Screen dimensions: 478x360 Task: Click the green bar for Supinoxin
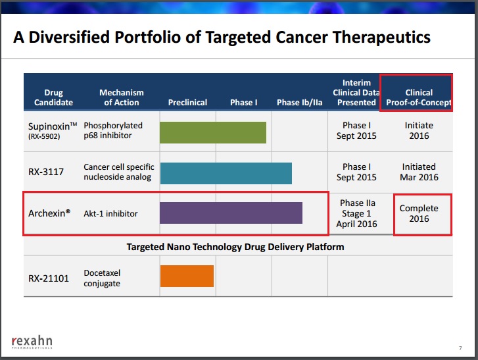(213, 132)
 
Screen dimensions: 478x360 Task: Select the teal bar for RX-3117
(226, 173)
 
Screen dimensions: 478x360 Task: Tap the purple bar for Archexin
(231, 213)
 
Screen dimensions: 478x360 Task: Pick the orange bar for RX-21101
(187, 276)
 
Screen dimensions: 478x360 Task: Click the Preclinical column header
(187, 102)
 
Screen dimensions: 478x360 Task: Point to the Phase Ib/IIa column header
(299, 102)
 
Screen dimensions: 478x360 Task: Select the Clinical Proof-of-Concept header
(419, 97)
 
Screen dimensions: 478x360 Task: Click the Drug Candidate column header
(53, 97)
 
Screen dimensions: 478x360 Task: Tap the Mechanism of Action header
(122, 97)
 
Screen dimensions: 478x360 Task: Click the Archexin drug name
(49, 213)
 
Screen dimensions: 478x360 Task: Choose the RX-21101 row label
(49, 278)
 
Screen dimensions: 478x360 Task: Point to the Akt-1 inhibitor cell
(110, 213)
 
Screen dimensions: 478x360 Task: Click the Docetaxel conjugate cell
(102, 278)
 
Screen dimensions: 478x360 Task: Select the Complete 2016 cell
(419, 213)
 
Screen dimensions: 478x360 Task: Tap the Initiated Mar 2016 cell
(419, 172)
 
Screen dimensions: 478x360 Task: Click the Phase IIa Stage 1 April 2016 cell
(356, 213)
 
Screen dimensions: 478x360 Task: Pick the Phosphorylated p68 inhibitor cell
(113, 130)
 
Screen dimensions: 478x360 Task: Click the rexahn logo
(32, 342)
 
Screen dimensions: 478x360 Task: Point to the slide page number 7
(460, 348)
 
